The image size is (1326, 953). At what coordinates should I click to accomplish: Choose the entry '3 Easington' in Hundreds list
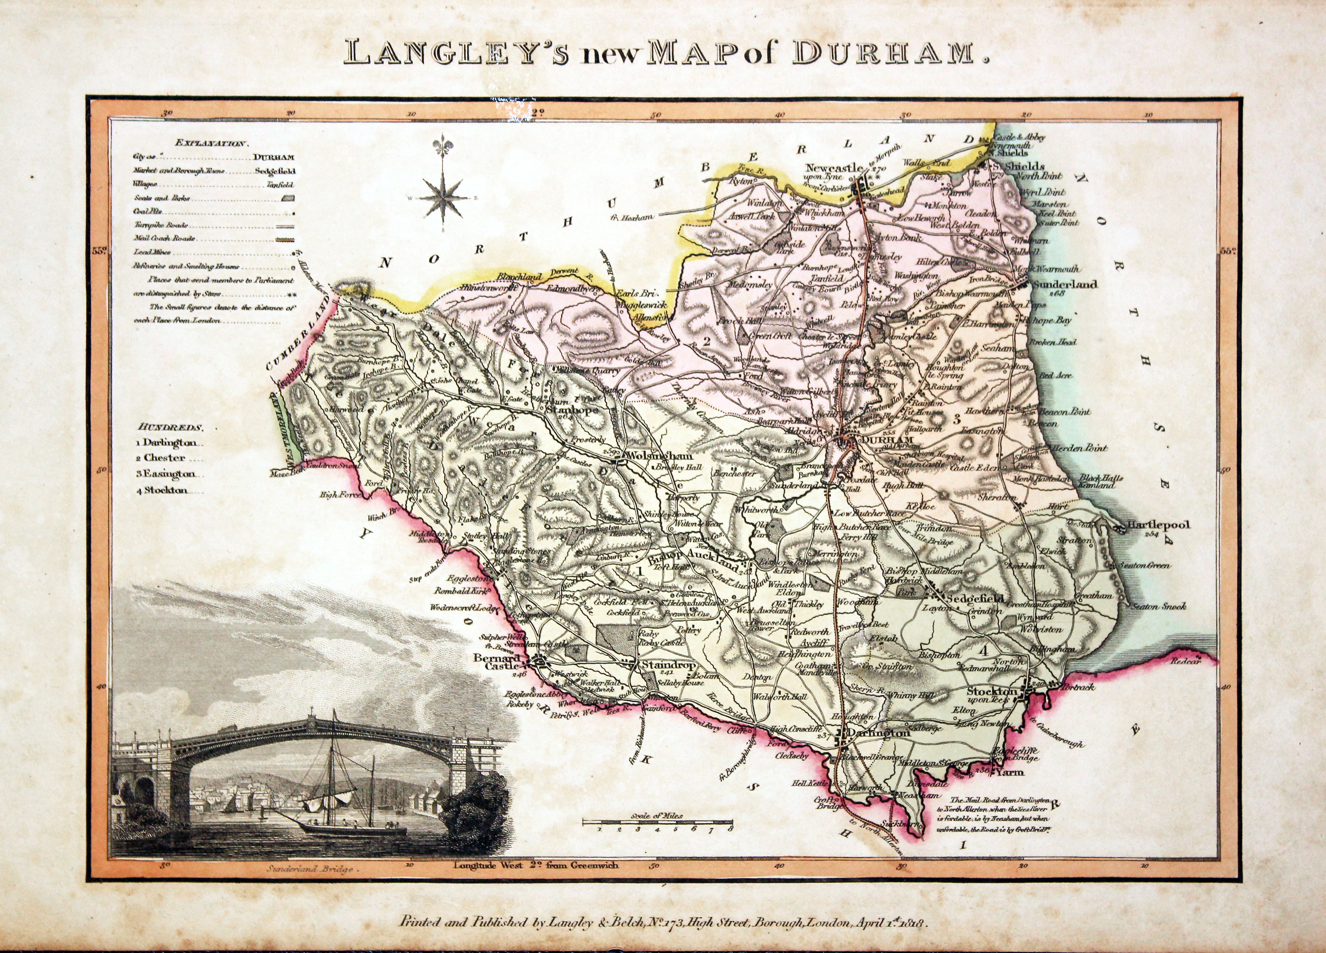coord(167,474)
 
